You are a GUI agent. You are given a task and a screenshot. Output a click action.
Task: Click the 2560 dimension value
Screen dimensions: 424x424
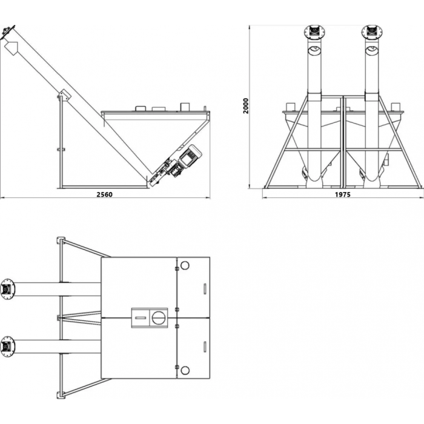(104, 194)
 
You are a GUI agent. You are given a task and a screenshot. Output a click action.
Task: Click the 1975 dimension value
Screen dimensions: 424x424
(343, 194)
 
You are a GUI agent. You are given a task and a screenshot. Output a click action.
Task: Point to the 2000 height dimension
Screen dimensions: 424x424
(245, 106)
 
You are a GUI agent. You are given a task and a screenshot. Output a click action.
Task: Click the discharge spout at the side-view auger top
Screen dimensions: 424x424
(12, 48)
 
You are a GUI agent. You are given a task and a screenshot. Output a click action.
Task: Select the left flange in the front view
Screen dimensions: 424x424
(314, 31)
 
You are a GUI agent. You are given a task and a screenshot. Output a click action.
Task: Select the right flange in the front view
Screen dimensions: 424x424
(372, 31)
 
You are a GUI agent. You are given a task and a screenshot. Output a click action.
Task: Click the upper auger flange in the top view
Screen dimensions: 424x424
(7, 290)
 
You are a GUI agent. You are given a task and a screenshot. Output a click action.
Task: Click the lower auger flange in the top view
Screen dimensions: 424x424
(7, 346)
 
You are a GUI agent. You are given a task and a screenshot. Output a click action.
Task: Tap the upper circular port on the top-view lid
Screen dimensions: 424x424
(185, 265)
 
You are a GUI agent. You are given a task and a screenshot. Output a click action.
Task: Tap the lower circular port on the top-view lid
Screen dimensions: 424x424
(185, 371)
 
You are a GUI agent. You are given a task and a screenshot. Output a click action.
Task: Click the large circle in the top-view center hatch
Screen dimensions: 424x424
(158, 318)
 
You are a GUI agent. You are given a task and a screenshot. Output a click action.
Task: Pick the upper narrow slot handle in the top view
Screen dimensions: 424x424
(205, 289)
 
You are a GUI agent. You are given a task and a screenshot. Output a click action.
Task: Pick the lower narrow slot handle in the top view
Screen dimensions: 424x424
(205, 347)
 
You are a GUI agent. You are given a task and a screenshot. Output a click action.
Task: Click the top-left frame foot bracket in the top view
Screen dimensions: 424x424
(61, 240)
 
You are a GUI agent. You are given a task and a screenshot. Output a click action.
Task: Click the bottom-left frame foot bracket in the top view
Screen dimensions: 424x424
(61, 395)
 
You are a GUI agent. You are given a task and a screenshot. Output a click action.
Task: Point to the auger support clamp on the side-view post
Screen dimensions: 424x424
(64, 95)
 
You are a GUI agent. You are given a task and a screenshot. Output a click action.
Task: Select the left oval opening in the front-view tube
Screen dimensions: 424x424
(314, 50)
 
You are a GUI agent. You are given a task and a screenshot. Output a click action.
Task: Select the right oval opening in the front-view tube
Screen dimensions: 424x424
(372, 50)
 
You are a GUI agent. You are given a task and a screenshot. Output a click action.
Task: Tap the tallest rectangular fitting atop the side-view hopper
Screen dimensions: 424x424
(185, 107)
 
